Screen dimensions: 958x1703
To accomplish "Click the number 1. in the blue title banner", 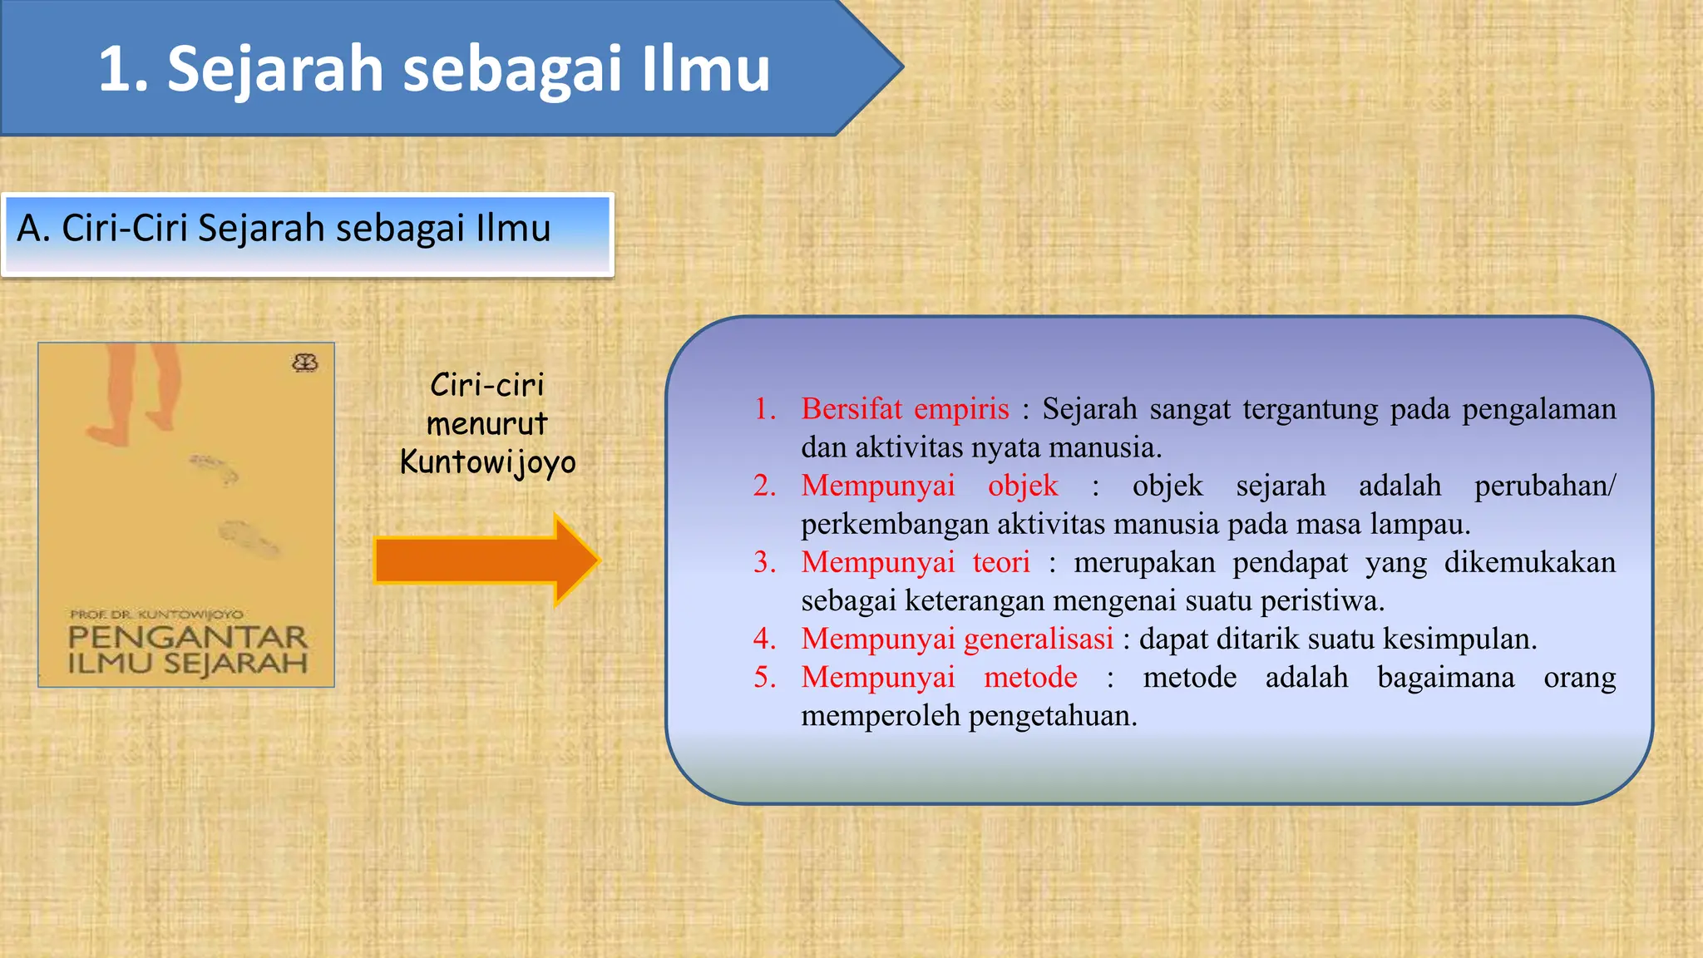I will pos(123,69).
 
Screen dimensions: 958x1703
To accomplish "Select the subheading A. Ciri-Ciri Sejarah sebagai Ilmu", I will pos(284,229).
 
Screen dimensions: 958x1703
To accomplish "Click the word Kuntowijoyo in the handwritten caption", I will pos(487,462).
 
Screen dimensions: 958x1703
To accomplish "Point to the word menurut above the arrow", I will pos(486,424).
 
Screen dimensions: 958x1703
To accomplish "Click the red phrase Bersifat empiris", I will pos(905,409).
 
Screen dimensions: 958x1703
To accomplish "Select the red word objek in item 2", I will pos(1022,486).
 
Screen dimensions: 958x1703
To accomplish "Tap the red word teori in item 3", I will pos(1001,562).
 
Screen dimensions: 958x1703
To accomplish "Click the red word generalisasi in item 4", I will pos(1039,639).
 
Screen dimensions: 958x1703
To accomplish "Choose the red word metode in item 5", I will pos(1030,677).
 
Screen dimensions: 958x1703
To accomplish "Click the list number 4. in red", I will pos(764,639).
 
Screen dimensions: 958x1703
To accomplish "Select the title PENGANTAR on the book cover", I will pos(188,638).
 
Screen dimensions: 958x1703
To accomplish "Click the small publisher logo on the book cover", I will pos(305,363).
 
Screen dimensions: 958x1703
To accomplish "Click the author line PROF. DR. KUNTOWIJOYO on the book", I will pos(156,615).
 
